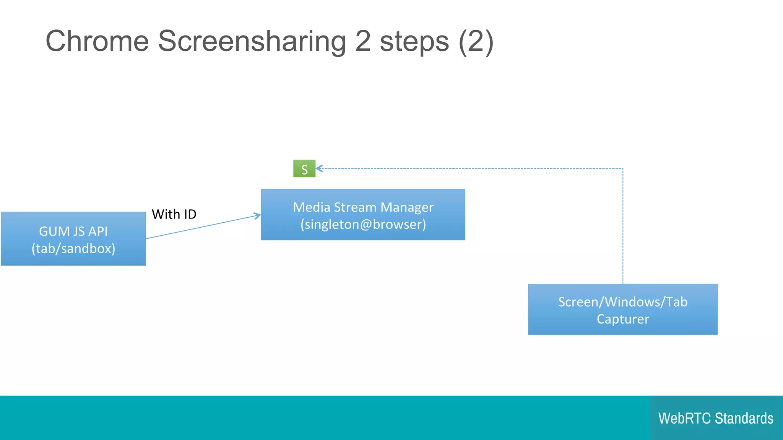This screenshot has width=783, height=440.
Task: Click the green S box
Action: click(x=304, y=168)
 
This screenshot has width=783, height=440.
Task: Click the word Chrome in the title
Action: click(x=97, y=41)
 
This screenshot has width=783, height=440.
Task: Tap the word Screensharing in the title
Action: click(x=252, y=41)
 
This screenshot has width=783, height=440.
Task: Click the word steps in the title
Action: click(x=414, y=41)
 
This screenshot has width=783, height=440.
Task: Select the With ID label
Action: click(x=174, y=214)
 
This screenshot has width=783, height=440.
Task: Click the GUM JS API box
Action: click(x=73, y=239)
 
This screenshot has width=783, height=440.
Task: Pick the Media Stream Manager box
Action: click(x=363, y=215)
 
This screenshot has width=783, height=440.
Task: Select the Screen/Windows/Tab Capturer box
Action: click(x=622, y=309)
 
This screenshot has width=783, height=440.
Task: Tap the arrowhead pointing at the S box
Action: click(x=318, y=168)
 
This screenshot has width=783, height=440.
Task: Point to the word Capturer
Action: click(x=623, y=319)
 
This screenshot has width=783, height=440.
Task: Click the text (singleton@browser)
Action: click(x=363, y=224)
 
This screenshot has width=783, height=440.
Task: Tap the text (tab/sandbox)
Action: click(x=73, y=249)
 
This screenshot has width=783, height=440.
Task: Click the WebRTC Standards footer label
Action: click(x=716, y=418)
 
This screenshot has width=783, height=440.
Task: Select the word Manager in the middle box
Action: click(x=407, y=207)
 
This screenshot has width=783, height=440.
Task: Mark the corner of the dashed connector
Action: click(x=623, y=168)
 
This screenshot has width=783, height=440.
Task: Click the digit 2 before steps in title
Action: click(x=363, y=41)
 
